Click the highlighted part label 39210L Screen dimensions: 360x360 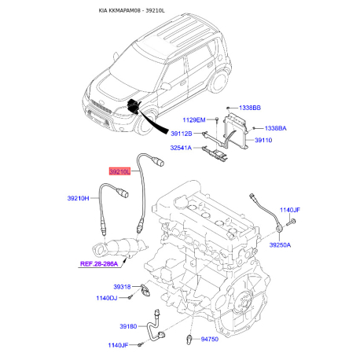click(x=119, y=172)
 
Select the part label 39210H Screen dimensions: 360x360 click(x=78, y=198)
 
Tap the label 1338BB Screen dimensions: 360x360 click(x=250, y=108)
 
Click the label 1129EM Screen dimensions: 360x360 click(x=194, y=120)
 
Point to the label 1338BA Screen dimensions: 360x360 click(x=275, y=128)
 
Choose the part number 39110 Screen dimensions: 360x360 click(x=263, y=140)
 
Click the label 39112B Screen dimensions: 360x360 click(x=182, y=134)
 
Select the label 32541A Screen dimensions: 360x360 click(x=181, y=148)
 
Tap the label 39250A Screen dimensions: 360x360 click(x=280, y=245)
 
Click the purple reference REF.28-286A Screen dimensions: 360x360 click(x=99, y=264)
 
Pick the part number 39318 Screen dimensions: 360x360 click(x=122, y=287)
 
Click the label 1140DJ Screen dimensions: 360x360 click(x=107, y=298)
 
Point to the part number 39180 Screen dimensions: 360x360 click(x=128, y=326)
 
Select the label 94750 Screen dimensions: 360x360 click(x=209, y=339)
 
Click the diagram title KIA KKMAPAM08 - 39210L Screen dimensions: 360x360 click(x=131, y=10)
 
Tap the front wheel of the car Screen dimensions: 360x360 click(x=145, y=123)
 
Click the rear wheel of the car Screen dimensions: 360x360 click(x=219, y=81)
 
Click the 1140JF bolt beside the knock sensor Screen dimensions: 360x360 click(x=291, y=222)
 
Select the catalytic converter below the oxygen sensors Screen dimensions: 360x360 click(x=119, y=248)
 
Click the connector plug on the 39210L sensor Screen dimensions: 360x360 click(x=160, y=161)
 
